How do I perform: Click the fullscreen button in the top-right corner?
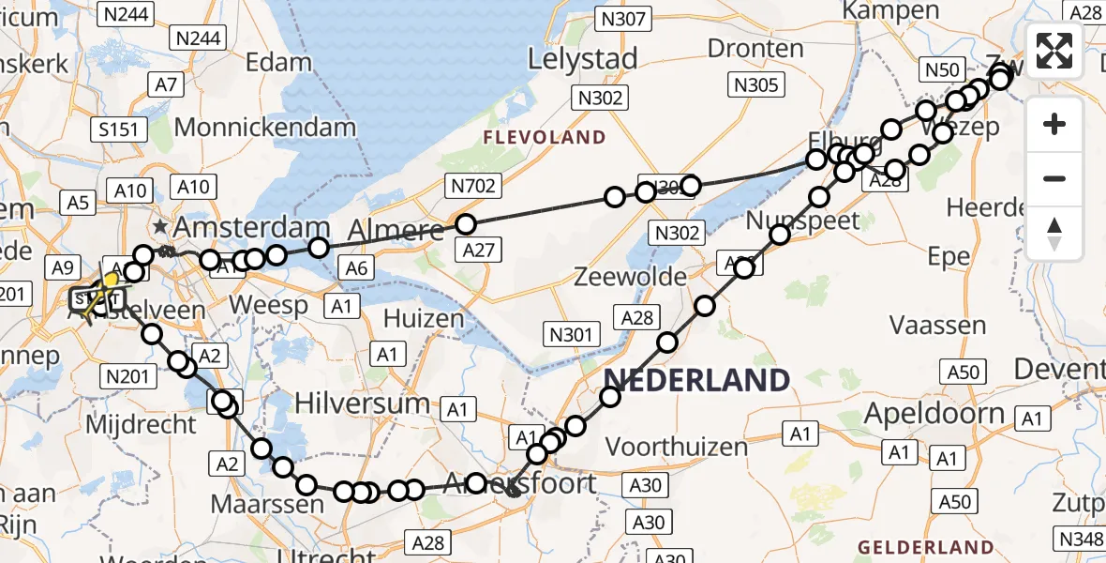(1054, 51)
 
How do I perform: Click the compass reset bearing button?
(1054, 234)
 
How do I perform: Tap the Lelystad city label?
(582, 58)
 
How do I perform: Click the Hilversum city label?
(363, 404)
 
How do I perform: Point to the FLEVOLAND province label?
(545, 138)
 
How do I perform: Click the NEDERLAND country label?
(696, 380)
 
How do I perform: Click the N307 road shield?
(623, 19)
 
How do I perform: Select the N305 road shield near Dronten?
(755, 85)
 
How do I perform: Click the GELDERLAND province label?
(926, 547)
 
